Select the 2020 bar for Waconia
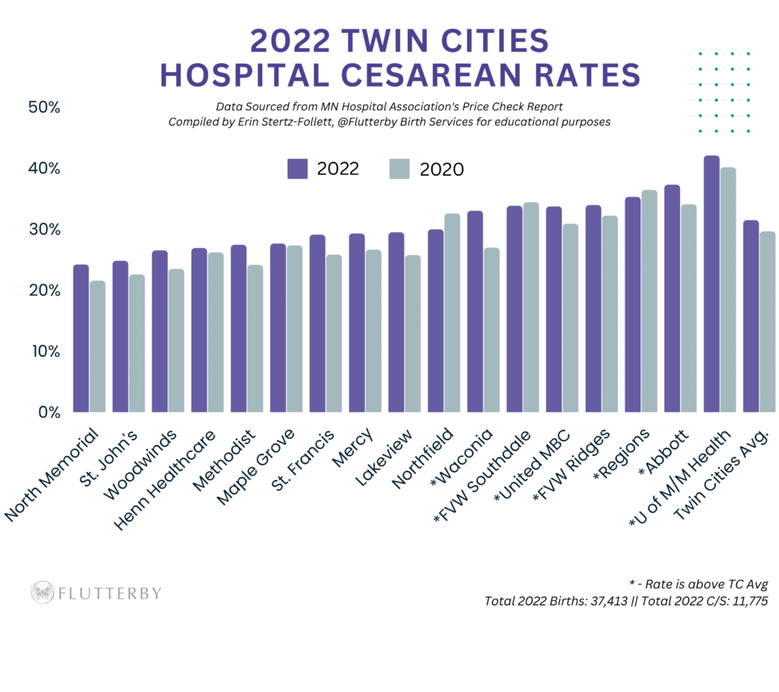491,330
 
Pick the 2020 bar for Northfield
452,313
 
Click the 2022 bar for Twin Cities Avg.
751,316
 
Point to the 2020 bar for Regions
649,301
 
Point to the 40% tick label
45,168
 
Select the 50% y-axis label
44,107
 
